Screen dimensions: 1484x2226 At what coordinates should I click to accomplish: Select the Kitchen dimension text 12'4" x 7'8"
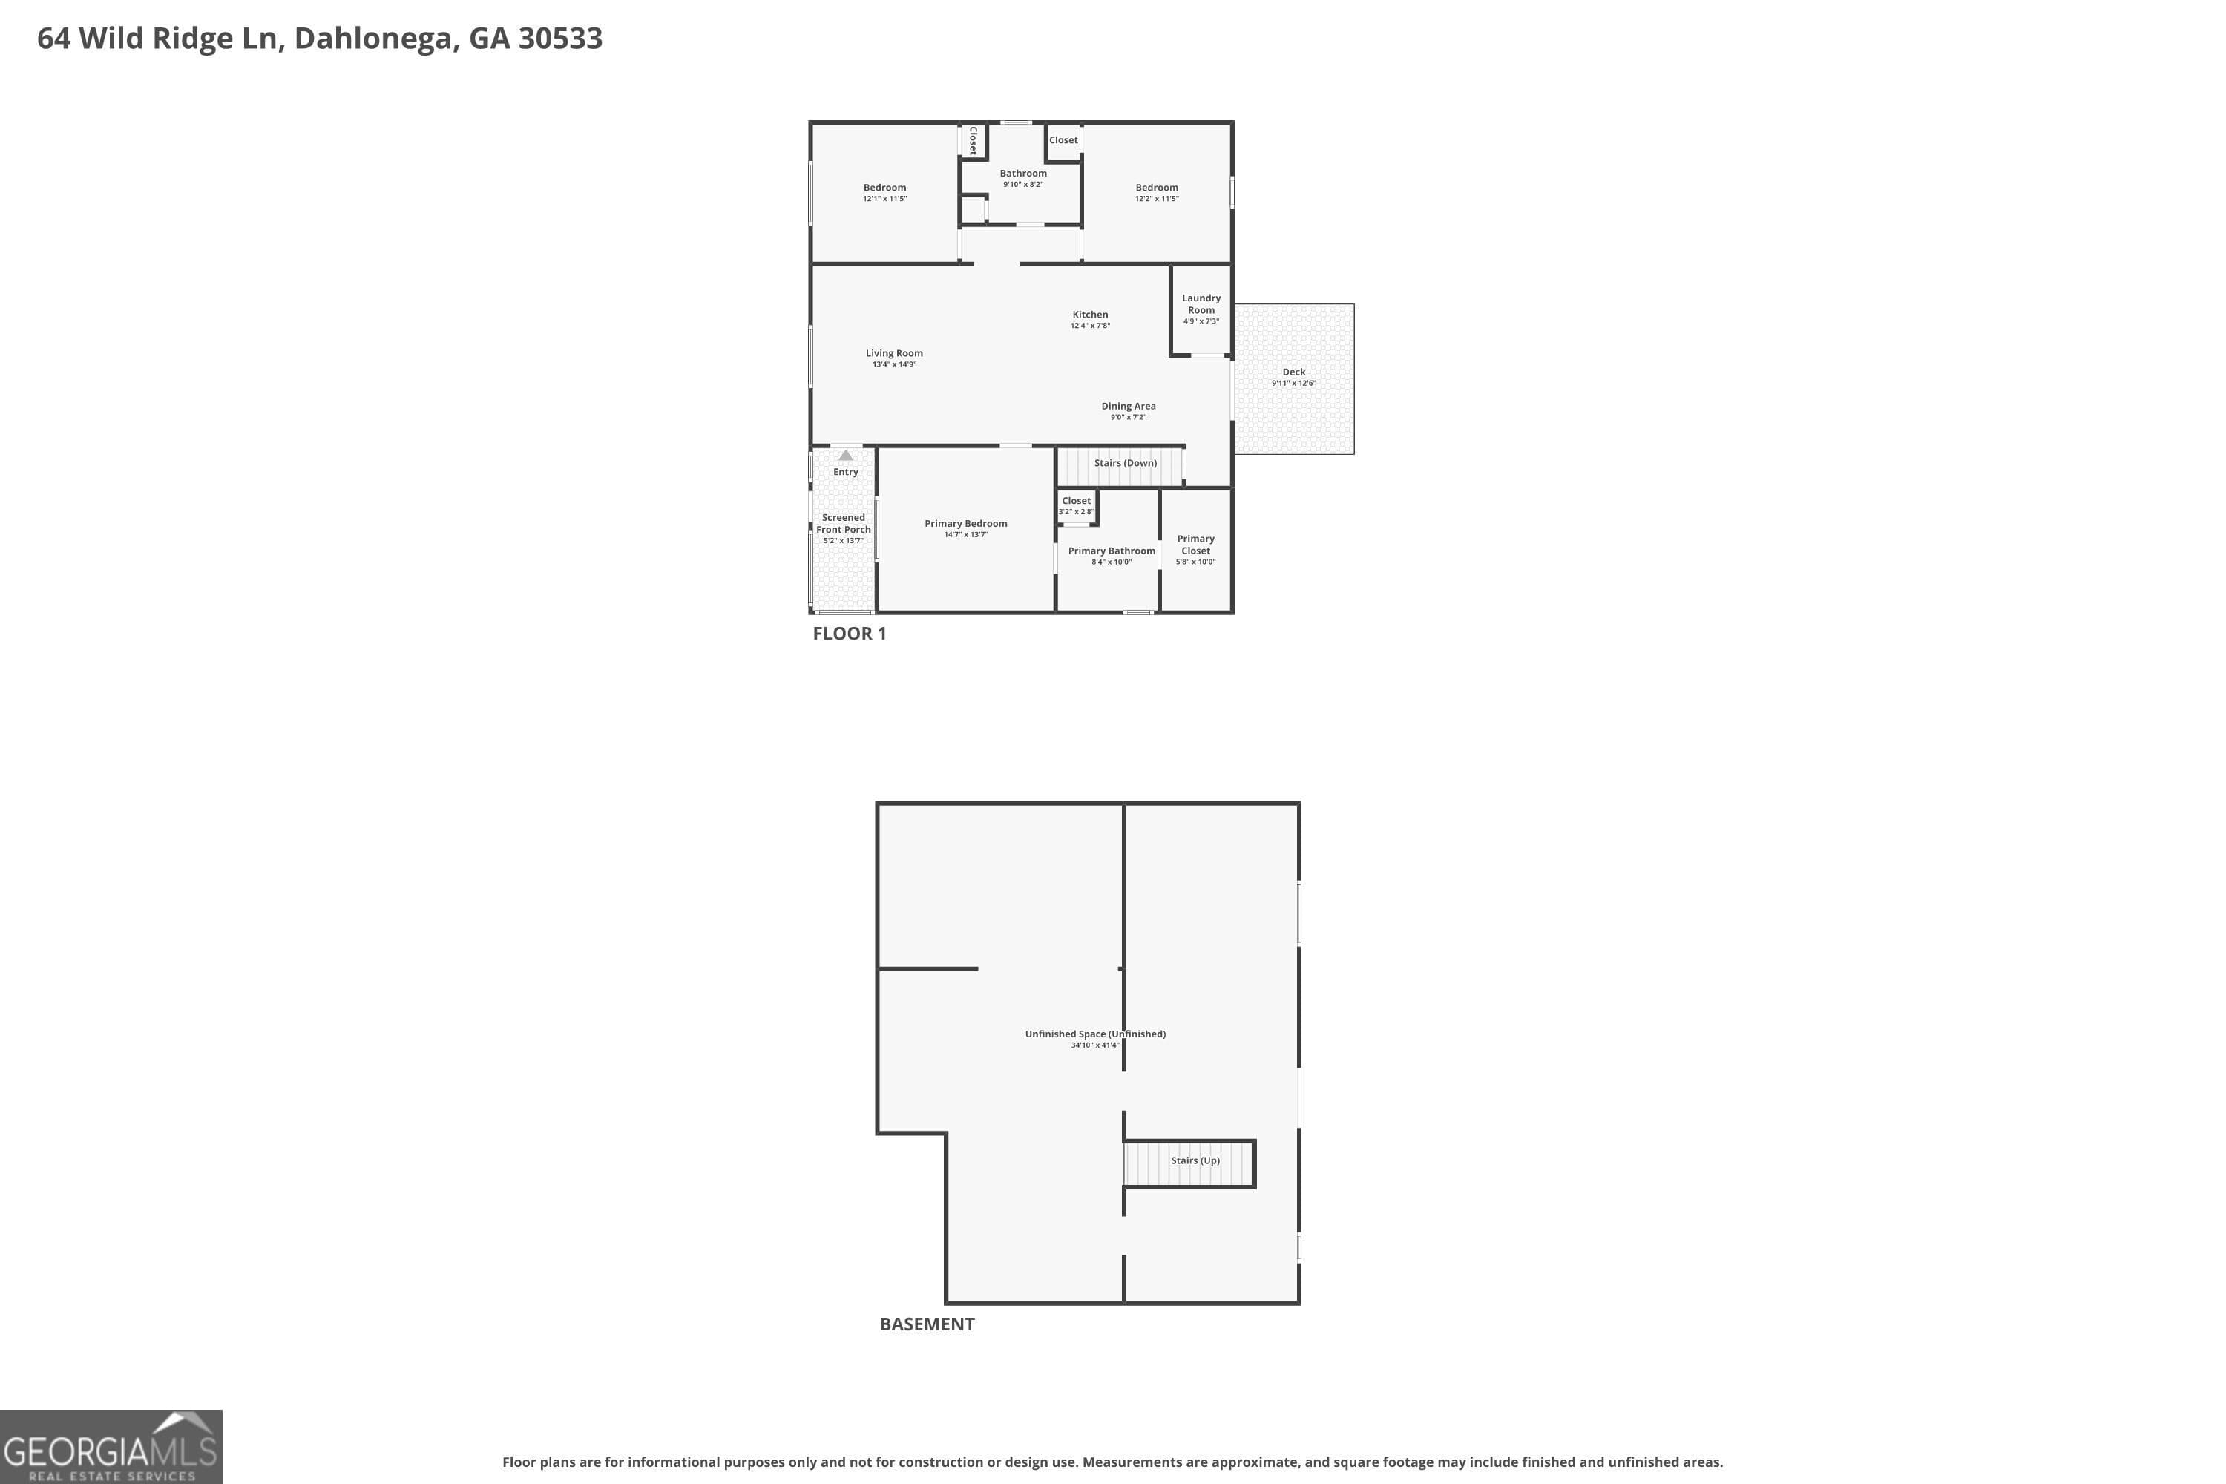point(1089,326)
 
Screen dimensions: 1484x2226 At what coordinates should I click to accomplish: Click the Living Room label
point(893,353)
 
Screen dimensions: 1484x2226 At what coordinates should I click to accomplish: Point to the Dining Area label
point(1127,406)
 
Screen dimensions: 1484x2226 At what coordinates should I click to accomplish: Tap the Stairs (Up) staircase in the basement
point(1189,1163)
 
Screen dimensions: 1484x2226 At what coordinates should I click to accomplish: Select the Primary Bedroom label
point(965,523)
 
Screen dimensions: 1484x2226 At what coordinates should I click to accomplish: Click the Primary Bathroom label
point(1111,551)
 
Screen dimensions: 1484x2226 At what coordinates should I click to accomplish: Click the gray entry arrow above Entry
point(845,456)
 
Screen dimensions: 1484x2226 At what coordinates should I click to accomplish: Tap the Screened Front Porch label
point(842,523)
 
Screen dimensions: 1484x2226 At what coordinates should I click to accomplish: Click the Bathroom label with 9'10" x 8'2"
point(1022,173)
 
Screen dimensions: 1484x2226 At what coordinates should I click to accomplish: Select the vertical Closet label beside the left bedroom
point(972,140)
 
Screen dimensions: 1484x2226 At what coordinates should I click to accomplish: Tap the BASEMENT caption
point(927,1324)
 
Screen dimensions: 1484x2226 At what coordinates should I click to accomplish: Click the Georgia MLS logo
point(111,1446)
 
